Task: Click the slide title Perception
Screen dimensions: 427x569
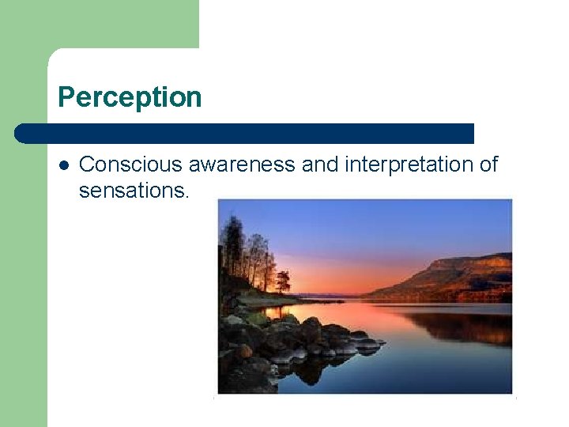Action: click(x=130, y=97)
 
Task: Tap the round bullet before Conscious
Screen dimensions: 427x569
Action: click(x=63, y=165)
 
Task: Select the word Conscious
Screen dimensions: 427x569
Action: click(x=119, y=164)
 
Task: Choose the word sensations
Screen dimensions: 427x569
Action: click(x=131, y=191)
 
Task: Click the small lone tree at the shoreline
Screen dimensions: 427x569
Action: click(x=282, y=281)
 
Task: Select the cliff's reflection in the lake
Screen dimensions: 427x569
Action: click(x=466, y=324)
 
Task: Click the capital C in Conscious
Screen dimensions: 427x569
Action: click(x=87, y=164)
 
